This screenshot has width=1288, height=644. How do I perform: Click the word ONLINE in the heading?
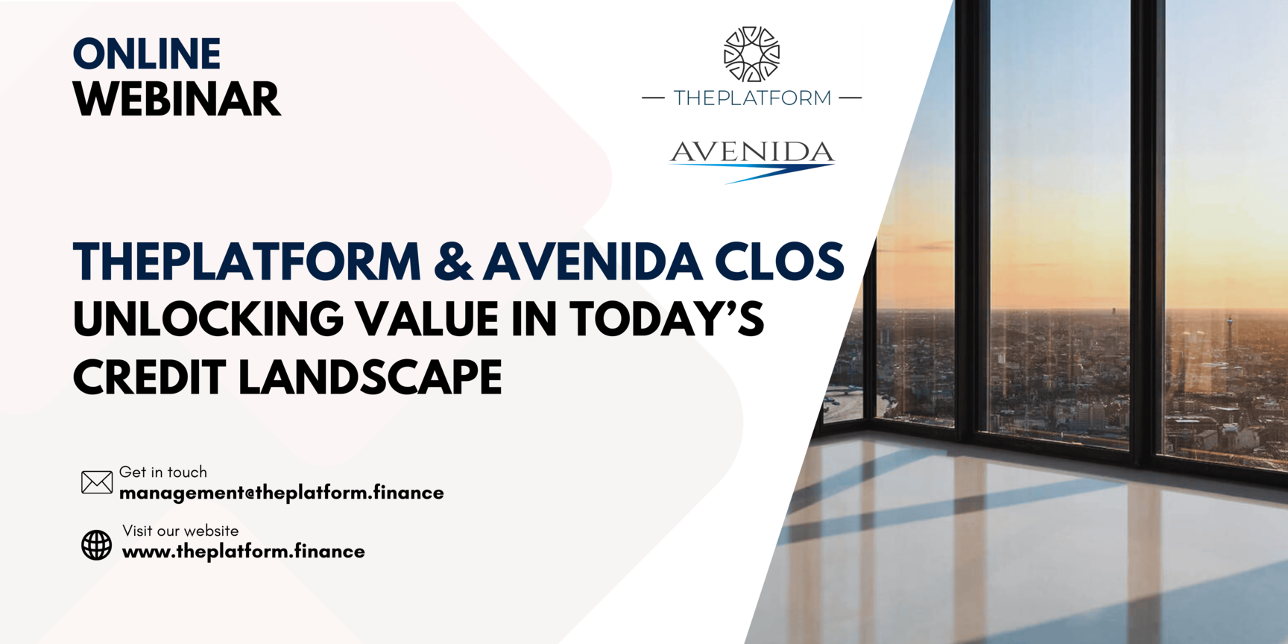[x=147, y=54]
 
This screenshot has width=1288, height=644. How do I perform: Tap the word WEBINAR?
[x=177, y=99]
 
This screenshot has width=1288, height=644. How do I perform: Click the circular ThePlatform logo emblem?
[x=752, y=54]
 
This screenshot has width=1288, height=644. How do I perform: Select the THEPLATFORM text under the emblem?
[x=752, y=98]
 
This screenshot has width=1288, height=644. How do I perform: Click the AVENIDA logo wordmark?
[x=752, y=152]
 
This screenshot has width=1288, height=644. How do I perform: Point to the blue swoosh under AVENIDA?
[x=753, y=172]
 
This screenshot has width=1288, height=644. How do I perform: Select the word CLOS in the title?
[x=779, y=262]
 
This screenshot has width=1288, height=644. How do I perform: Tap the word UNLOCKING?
[x=209, y=319]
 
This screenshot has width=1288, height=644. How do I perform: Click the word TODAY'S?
[x=667, y=319]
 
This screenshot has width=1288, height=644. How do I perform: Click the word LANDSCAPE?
[x=370, y=377]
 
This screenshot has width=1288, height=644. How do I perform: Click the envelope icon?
[x=97, y=482]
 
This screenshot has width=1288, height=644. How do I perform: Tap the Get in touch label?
[x=163, y=472]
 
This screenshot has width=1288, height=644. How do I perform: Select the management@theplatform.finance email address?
[x=282, y=493]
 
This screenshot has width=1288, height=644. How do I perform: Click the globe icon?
[x=96, y=545]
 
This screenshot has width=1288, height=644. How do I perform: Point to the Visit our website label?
[x=180, y=531]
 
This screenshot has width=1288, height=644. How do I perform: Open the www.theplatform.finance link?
[x=244, y=552]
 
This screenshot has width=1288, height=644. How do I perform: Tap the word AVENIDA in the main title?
[x=593, y=262]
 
